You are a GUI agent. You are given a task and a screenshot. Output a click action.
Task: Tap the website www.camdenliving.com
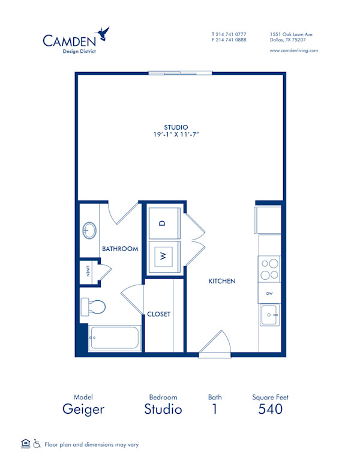293,50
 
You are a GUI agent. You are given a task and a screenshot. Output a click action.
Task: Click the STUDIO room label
176,127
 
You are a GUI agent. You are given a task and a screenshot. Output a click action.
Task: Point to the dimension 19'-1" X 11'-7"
176,135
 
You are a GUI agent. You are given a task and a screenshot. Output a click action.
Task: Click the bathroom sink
89,230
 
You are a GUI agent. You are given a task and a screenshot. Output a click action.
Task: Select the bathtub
114,339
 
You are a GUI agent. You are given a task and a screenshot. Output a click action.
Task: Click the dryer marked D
161,223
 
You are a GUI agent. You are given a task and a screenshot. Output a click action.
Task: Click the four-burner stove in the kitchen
269,268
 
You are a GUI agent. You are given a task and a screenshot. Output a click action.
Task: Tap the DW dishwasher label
269,293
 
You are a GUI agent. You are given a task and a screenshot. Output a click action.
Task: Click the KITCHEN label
221,281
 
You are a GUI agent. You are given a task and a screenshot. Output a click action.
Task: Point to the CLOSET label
159,314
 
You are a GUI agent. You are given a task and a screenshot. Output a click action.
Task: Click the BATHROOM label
120,249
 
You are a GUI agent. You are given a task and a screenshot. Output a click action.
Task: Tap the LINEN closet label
88,271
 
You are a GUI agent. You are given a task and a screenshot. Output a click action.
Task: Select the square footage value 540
270,410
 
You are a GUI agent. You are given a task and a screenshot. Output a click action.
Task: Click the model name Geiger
83,410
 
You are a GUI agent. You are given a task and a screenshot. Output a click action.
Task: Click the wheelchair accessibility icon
37,444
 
